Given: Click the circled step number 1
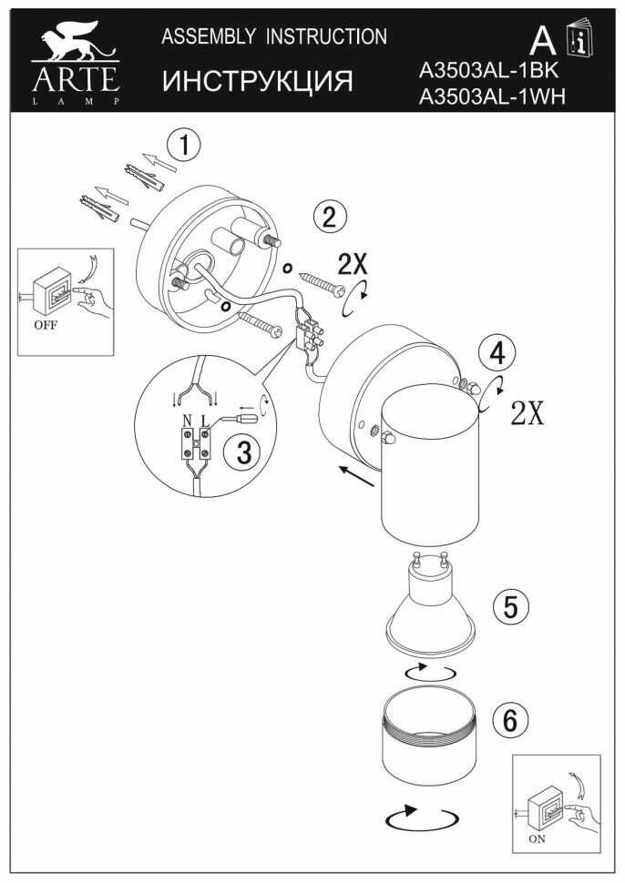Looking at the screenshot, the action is (185, 145).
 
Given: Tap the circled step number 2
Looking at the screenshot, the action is (329, 217).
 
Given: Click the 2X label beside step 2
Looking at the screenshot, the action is (353, 264).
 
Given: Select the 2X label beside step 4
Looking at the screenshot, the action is (528, 413).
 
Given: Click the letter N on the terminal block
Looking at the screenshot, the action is (187, 421).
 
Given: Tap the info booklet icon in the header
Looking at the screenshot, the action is (579, 41).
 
